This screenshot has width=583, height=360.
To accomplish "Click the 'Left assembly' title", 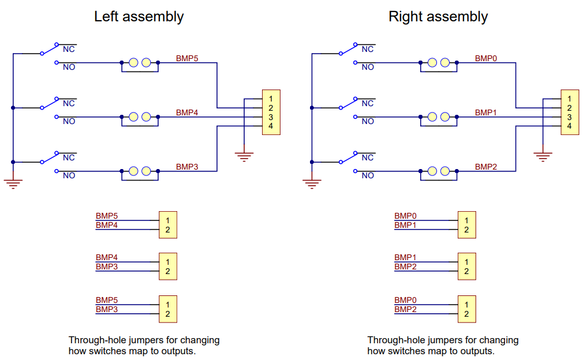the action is point(139,17).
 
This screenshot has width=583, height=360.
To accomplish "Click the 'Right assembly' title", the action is point(438,17).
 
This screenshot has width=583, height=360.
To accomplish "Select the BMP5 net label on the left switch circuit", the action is point(187,58).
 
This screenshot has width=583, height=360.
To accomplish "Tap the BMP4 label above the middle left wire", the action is point(187,112).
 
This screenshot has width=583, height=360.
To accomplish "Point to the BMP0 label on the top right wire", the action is point(486,58).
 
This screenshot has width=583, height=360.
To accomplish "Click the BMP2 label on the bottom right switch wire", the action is point(486,167).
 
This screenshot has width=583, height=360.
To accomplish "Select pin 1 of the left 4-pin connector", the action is point(271,99).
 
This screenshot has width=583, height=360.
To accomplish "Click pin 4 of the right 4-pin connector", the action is point(569,126).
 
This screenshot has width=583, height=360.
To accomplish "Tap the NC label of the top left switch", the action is point(69,49).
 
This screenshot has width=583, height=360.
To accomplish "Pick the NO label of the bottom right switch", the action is point(368,175).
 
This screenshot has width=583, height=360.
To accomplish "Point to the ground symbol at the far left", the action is point(13,184).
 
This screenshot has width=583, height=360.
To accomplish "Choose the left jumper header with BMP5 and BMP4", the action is point(168,225).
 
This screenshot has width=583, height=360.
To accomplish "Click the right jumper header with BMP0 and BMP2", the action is point(466,309).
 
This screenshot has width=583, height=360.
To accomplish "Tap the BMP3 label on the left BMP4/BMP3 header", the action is point(107,267).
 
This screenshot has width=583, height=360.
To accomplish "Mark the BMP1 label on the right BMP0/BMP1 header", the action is point(405,225).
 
